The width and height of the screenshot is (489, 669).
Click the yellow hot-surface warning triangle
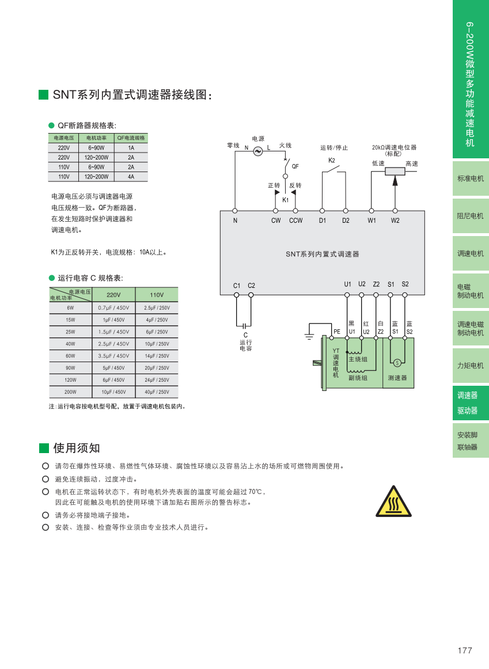pyautogui.click(x=394, y=502)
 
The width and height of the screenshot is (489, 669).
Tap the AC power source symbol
pyautogui.click(x=257, y=150)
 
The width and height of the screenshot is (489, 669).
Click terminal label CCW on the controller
pyautogui.click(x=295, y=221)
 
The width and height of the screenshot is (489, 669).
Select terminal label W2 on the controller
pyautogui.click(x=395, y=221)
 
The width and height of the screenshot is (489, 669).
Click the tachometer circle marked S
pyautogui.click(x=397, y=363)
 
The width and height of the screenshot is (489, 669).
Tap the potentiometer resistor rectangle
pyautogui.click(x=395, y=170)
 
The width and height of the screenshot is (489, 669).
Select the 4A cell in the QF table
pyautogui.click(x=131, y=177)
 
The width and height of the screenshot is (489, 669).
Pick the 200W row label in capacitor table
pyautogui.click(x=70, y=392)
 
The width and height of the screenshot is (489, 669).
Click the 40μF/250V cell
pyautogui.click(x=157, y=392)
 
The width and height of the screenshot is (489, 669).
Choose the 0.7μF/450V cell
pyautogui.click(x=113, y=307)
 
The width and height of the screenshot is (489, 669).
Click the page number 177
pyautogui.click(x=465, y=651)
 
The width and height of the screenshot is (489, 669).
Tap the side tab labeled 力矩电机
pyautogui.click(x=471, y=366)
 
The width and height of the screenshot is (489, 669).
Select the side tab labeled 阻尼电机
pyautogui.click(x=471, y=216)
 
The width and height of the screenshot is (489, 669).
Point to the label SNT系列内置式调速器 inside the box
pyautogui.click(x=322, y=254)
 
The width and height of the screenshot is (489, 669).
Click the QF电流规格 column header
pyautogui.click(x=131, y=138)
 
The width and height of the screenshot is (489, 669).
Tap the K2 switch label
pyautogui.click(x=332, y=161)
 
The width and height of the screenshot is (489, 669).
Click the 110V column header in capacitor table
pyautogui.click(x=157, y=295)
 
